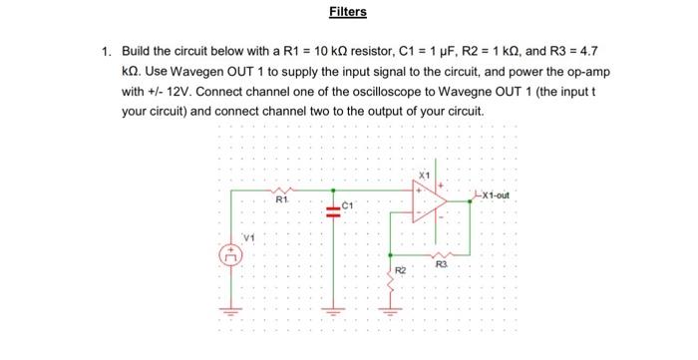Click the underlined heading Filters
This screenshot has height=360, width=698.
point(348,12)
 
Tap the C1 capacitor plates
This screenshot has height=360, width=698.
point(332,209)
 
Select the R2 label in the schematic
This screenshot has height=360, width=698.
point(400,270)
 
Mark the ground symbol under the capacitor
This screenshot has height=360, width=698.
point(332,306)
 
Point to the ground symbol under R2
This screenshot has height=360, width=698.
point(390,308)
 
